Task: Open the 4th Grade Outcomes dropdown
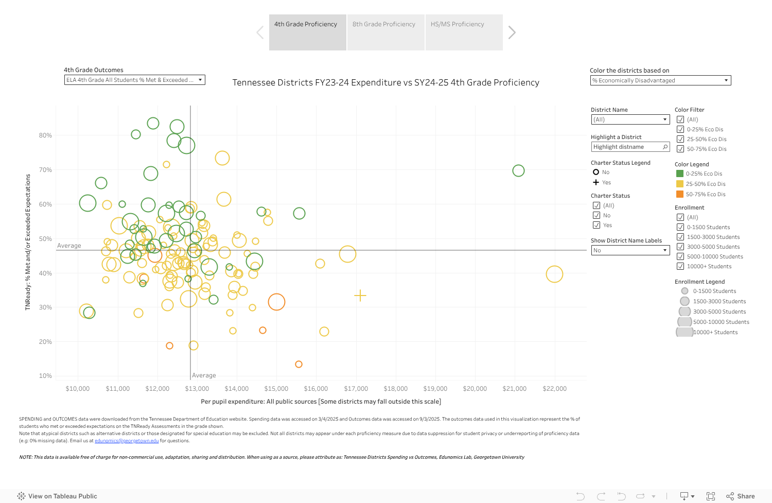[134, 80]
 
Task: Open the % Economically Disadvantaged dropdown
[660, 80]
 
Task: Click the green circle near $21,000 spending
[518, 170]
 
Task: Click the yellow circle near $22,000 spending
[554, 274]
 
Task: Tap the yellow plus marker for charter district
[360, 296]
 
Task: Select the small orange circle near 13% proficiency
[299, 364]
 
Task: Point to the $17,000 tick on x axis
[356, 389]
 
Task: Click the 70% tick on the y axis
[45, 170]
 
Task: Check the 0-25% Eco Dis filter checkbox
[680, 129]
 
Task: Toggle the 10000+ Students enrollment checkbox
[680, 266]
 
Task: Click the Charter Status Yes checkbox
[596, 225]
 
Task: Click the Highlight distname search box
[626, 147]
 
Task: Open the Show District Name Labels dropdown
[630, 250]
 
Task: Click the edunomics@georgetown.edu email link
[127, 441]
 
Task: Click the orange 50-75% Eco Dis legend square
[680, 194]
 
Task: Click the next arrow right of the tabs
[512, 32]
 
